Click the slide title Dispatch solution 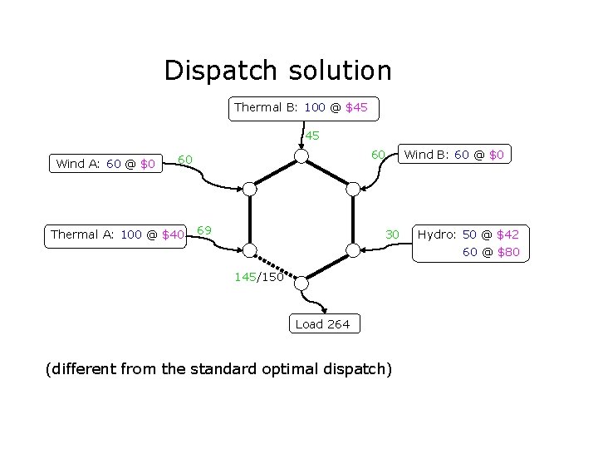277,71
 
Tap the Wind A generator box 105,165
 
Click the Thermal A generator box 117,235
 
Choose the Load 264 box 323,324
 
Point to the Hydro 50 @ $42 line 468,235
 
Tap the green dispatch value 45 311,136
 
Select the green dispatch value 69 204,229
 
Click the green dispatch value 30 393,235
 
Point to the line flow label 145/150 259,278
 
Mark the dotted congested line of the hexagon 276,266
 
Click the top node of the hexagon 302,157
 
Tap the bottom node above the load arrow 302,283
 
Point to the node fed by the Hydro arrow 354,250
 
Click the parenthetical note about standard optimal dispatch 218,368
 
